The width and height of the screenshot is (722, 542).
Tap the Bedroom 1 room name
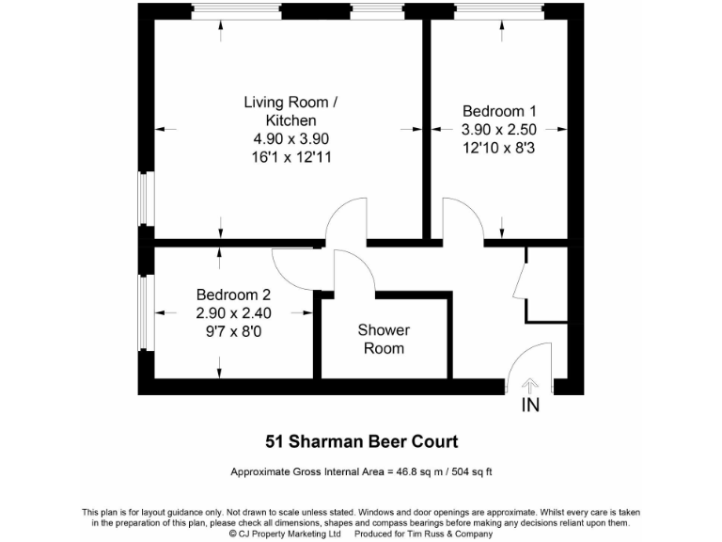coord(499,110)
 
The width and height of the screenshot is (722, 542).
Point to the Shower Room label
coord(384,339)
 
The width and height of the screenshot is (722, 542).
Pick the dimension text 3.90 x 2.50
coord(499,129)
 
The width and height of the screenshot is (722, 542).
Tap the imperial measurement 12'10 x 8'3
coord(499,148)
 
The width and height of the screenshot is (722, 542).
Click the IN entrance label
coord(530,406)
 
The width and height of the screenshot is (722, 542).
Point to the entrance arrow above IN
coord(530,385)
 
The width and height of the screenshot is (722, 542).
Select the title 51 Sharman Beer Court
coord(360,440)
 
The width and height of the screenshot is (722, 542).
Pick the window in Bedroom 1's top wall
coord(498,11)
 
